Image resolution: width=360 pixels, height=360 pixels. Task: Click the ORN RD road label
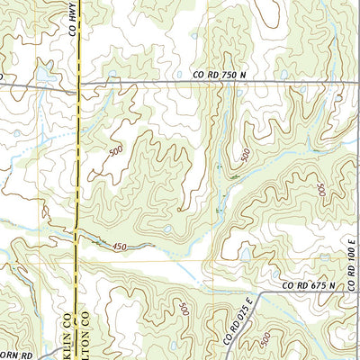15,354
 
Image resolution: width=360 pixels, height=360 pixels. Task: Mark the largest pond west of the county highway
43,72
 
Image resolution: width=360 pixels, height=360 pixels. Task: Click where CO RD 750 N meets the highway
78,85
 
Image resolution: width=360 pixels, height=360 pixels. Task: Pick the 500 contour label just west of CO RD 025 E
184,310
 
